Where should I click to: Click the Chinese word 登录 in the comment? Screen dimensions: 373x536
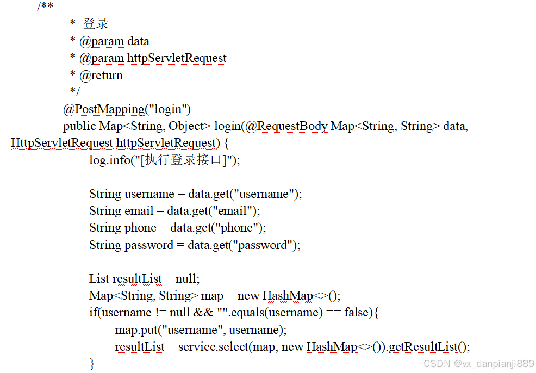point(96,24)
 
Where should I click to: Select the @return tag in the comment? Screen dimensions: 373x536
point(101,76)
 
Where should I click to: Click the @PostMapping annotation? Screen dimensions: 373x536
point(104,109)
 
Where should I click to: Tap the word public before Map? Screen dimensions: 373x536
point(79,126)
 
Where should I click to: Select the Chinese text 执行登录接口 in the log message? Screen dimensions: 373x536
point(186,160)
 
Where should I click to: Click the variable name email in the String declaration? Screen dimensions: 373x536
point(139,210)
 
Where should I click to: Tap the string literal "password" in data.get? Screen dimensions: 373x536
point(263,245)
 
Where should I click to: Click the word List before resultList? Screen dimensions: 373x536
point(99,278)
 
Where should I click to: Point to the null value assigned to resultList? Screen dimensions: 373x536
point(186,278)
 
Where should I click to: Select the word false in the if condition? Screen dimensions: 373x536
point(358,312)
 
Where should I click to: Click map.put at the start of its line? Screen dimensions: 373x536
point(134,330)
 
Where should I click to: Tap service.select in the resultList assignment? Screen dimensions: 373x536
point(213,346)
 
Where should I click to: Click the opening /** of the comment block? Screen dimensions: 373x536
point(45,7)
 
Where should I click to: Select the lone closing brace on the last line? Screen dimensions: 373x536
point(92,363)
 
